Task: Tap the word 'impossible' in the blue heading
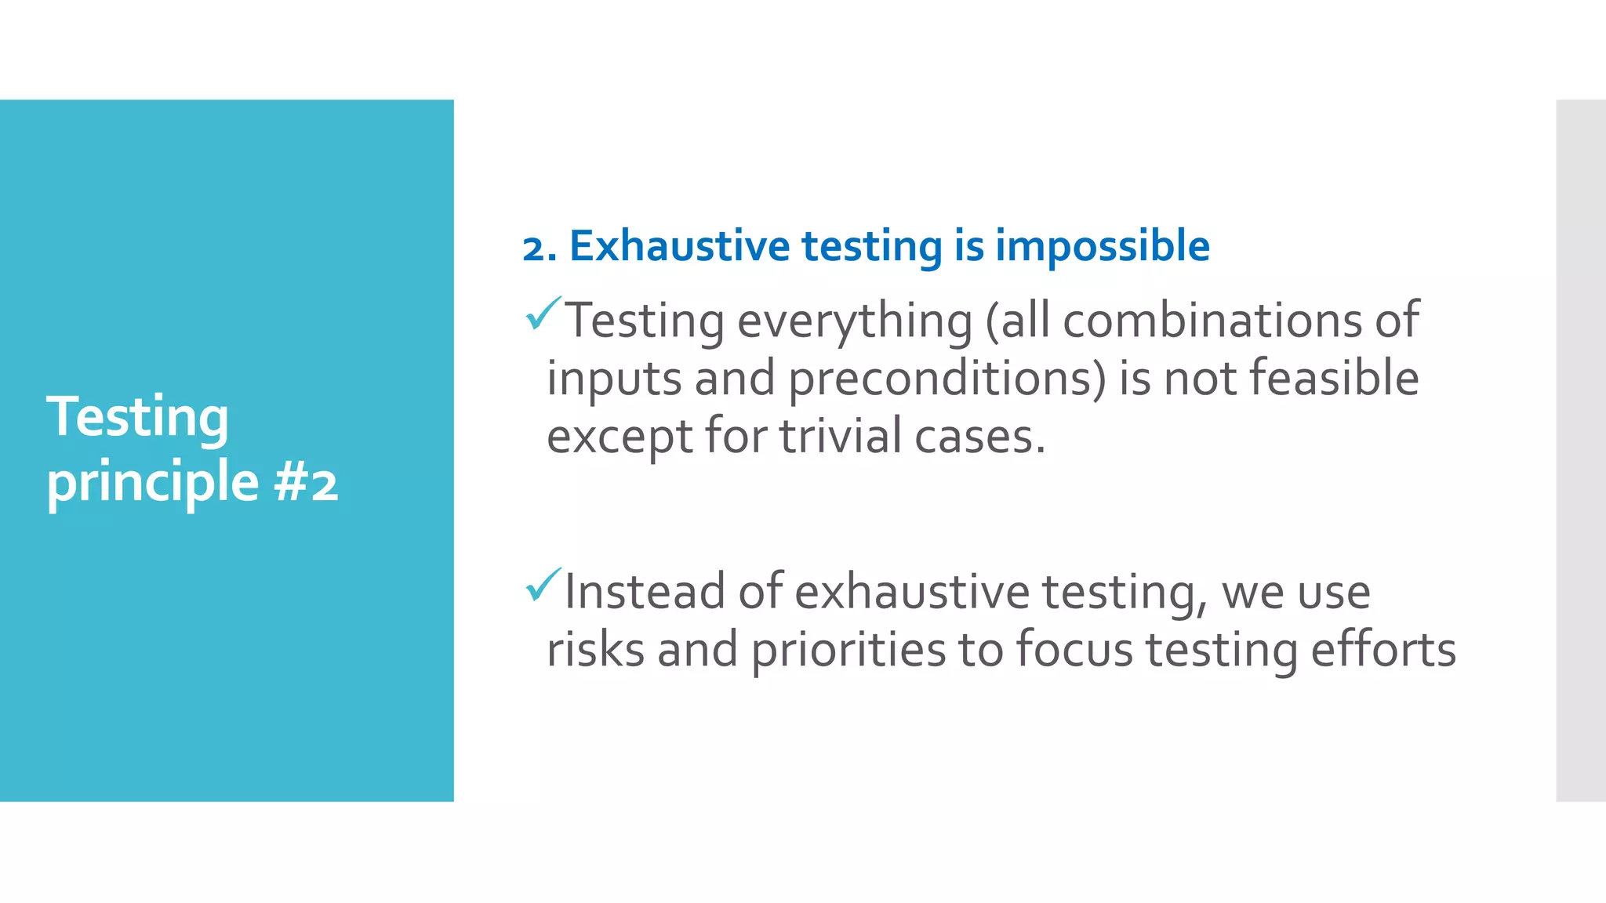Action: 1103,246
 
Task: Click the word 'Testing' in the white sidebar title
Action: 138,417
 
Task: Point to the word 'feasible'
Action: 1334,378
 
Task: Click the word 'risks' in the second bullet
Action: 595,650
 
